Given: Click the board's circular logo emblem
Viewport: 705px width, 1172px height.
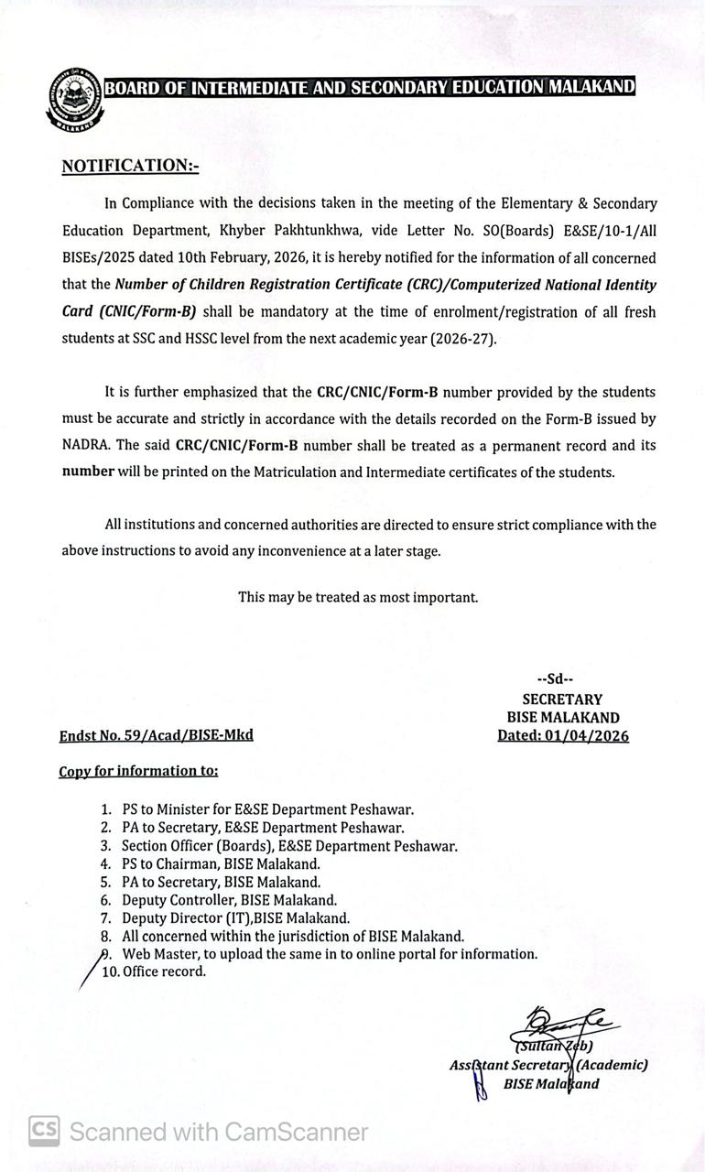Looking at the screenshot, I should tap(74, 98).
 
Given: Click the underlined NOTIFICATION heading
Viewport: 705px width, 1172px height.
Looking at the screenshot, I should tap(129, 166).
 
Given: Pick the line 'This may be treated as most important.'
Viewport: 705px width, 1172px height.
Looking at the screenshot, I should tap(358, 597).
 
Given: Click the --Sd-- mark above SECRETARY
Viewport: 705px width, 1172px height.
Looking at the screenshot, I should tap(555, 679).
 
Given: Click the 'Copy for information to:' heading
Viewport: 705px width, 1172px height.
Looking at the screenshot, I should tap(138, 771).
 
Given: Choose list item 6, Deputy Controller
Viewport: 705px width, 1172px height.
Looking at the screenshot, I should tap(229, 899).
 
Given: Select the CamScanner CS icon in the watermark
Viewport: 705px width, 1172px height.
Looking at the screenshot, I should tap(44, 1131).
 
